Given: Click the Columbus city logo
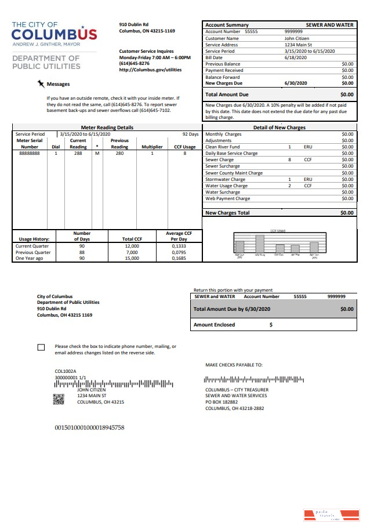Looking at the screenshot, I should [55, 34].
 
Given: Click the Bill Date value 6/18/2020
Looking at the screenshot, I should [295, 58].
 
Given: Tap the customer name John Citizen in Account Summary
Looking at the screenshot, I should [297, 38].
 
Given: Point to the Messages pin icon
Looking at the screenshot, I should [41, 84].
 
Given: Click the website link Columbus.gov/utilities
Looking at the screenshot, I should [150, 70].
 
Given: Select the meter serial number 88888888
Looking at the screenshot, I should [29, 154].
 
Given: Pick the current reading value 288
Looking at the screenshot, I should [78, 154].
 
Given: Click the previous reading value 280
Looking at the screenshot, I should [119, 154].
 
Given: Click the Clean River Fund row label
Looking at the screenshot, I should [223, 147].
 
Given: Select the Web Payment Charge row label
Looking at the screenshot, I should [227, 199].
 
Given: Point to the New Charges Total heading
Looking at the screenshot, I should [227, 213].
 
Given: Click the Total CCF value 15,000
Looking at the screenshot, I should [132, 259].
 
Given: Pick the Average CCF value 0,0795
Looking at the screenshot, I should [179, 252].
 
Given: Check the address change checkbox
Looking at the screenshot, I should [41, 347].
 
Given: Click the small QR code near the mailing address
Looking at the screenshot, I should [59, 398].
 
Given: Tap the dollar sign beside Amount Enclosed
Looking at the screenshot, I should [271, 325].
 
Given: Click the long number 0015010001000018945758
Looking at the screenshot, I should [89, 428].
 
